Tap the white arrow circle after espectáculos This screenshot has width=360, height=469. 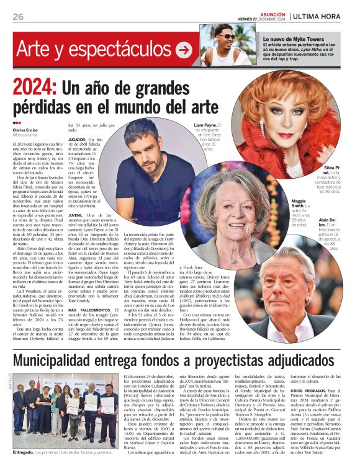click(x=183, y=50)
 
